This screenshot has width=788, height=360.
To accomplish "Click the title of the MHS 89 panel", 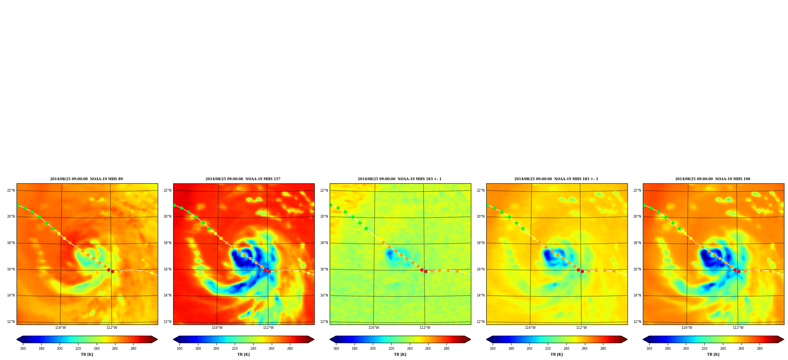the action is pos(86,179).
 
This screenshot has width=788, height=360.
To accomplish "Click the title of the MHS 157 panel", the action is pos(243,179).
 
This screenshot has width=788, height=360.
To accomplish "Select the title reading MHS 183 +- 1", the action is pos(400,179).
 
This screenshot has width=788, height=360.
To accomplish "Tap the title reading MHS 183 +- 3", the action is pos(556,179).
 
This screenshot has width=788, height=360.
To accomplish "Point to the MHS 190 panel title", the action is pos(713,179).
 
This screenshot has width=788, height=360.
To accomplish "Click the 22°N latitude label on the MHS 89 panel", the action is pos(11,190).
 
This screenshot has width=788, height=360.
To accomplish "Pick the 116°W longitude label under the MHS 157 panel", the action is pos(217,328).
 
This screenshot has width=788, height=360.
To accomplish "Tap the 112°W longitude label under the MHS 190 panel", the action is pos(738,328).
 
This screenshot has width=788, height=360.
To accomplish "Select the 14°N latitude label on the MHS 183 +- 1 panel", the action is pos(324,295).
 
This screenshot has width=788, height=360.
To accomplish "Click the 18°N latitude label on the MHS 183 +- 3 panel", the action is pos(481,243).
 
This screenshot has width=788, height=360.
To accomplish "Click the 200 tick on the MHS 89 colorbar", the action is pos(60,349).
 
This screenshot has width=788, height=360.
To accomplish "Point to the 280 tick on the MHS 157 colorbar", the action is pos(290,349).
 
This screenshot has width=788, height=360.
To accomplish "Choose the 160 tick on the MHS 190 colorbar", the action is pos(649,349).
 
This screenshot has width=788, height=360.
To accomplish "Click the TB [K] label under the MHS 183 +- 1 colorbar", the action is pos(400,354).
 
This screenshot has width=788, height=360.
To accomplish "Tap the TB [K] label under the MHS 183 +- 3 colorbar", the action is pos(556,354).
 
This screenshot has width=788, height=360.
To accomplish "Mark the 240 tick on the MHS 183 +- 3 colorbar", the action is pos(566,349).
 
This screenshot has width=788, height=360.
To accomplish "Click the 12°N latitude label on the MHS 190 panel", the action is pos(637,322).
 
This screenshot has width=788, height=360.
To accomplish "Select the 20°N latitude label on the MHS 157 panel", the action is pos(168,216).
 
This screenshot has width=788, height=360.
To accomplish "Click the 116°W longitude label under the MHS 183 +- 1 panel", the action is pos(373,328).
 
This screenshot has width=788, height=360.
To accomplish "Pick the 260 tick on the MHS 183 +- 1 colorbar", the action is pos(428,349).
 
